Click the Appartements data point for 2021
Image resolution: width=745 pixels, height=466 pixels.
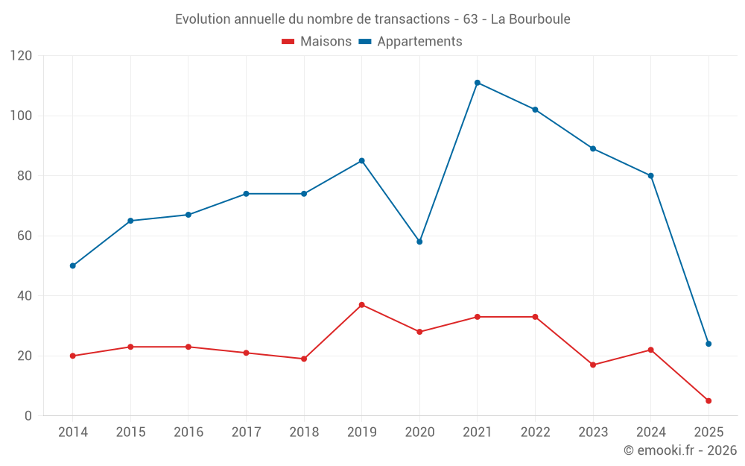coord(478,83)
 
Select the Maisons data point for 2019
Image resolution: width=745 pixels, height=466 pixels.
coord(362,305)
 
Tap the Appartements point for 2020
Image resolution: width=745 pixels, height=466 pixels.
coord(419,242)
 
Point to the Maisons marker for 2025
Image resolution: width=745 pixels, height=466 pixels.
coord(708,401)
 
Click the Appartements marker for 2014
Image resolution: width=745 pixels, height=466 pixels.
coord(72,265)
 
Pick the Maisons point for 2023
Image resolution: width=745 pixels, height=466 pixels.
coord(593,365)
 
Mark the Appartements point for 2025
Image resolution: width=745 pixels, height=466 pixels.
coord(708,344)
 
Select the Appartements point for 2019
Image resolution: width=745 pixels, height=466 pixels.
coord(362,160)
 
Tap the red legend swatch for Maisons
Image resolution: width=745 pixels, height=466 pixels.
coord(288,42)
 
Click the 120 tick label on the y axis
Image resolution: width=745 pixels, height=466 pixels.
coord(22,56)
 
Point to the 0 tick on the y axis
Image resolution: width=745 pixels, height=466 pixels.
coord(28,416)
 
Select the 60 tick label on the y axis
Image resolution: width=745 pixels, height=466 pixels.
coord(25,236)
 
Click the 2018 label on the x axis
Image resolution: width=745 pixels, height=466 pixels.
coord(304,432)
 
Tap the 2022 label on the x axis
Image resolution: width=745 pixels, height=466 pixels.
coord(535,432)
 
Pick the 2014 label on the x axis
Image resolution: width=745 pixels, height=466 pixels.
coord(72,432)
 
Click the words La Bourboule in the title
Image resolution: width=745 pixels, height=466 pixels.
coord(530,19)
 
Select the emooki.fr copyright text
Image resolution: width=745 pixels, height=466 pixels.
coord(679,450)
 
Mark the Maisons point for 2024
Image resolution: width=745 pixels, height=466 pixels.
coord(650,350)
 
